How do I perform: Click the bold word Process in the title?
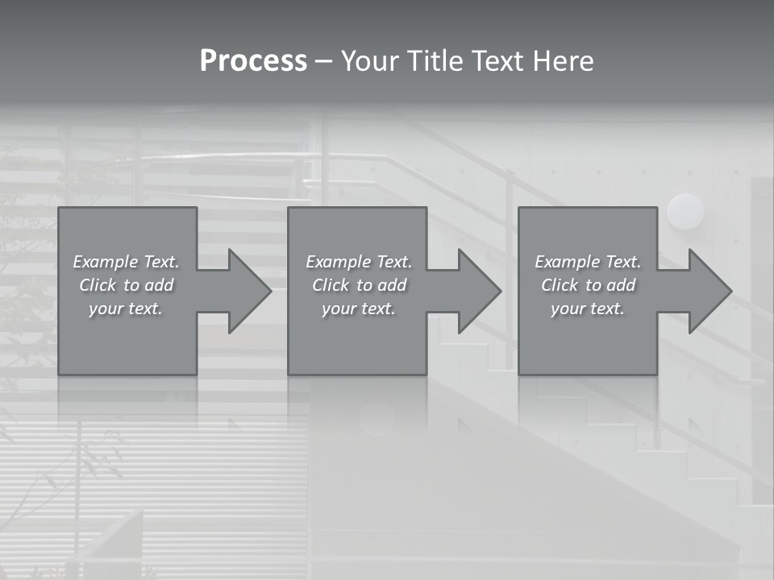[x=253, y=61]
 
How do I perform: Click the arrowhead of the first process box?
[x=247, y=291]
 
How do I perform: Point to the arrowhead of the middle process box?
[x=476, y=291]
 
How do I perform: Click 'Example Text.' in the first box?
[x=126, y=262]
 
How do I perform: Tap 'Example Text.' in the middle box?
[x=359, y=262]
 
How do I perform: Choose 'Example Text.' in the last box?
[x=588, y=262]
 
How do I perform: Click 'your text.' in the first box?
[x=126, y=309]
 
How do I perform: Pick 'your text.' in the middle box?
[x=359, y=309]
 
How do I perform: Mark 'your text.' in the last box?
[x=588, y=309]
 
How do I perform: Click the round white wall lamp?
[x=685, y=212]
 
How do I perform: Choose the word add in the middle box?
[x=392, y=285]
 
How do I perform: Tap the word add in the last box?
[x=621, y=285]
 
